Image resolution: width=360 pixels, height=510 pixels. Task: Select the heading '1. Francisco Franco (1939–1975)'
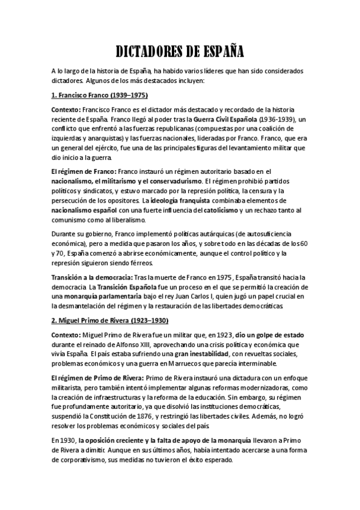pyautogui.click(x=99, y=96)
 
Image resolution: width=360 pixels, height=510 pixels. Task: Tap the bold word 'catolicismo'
pyautogui.click(x=218, y=209)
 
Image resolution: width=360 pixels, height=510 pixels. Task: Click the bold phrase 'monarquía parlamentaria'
pyautogui.click(x=98, y=296)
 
